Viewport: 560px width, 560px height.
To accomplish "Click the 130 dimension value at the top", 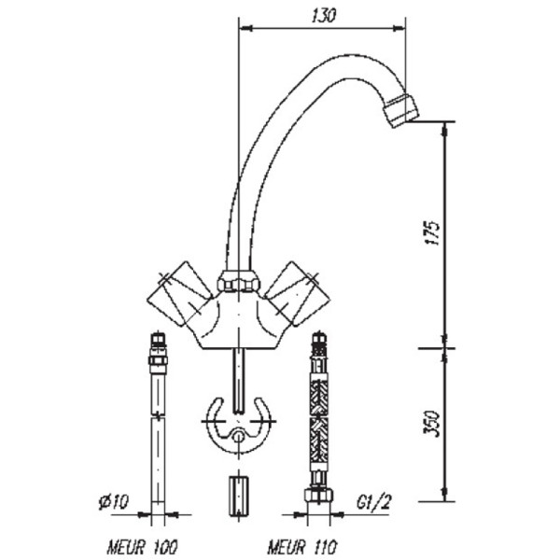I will pyautogui.click(x=322, y=16).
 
